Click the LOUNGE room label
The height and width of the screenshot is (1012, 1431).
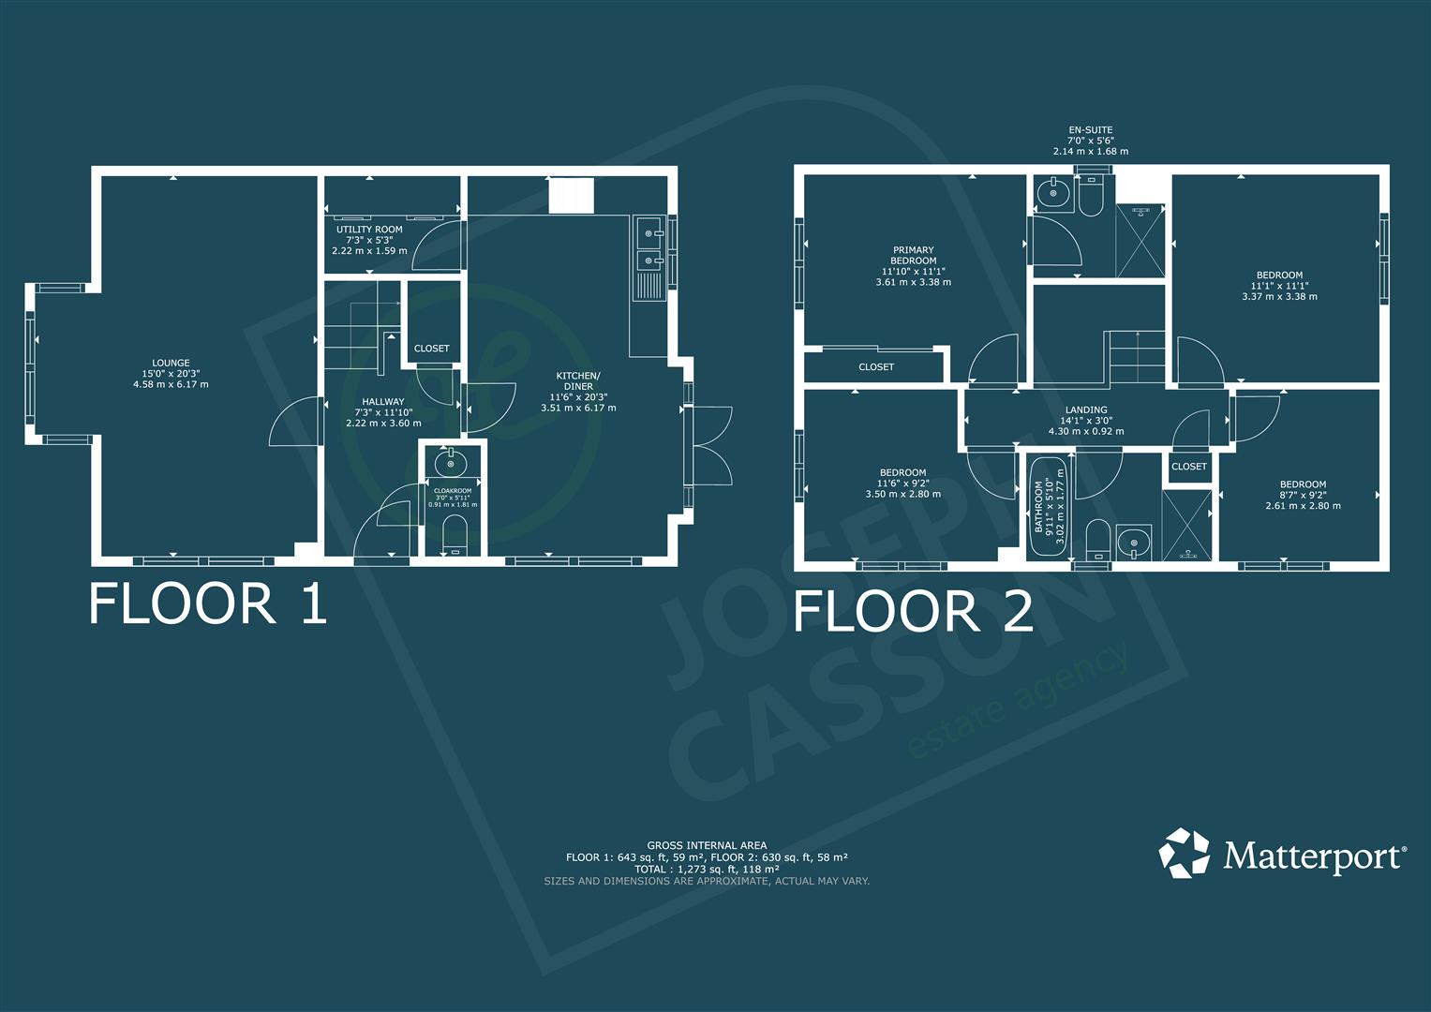click(171, 363)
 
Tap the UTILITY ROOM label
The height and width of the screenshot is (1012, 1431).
click(369, 230)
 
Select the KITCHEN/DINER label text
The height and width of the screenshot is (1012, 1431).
click(578, 380)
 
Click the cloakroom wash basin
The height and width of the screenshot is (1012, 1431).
click(451, 462)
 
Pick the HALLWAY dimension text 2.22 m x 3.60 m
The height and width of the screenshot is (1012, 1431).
click(383, 423)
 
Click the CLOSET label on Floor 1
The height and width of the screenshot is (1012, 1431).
click(431, 349)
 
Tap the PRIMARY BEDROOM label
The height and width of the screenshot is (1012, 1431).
click(914, 255)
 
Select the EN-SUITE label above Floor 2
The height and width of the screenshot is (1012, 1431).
click(1091, 129)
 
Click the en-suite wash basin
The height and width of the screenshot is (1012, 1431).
click(1052, 192)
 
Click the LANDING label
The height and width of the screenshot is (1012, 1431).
click(1086, 410)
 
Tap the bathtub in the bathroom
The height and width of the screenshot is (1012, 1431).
click(1049, 507)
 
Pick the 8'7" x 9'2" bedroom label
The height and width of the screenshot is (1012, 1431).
click(1303, 495)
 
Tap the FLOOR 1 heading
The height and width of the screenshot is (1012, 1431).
click(208, 603)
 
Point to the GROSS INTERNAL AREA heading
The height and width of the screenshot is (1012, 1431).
click(707, 845)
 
